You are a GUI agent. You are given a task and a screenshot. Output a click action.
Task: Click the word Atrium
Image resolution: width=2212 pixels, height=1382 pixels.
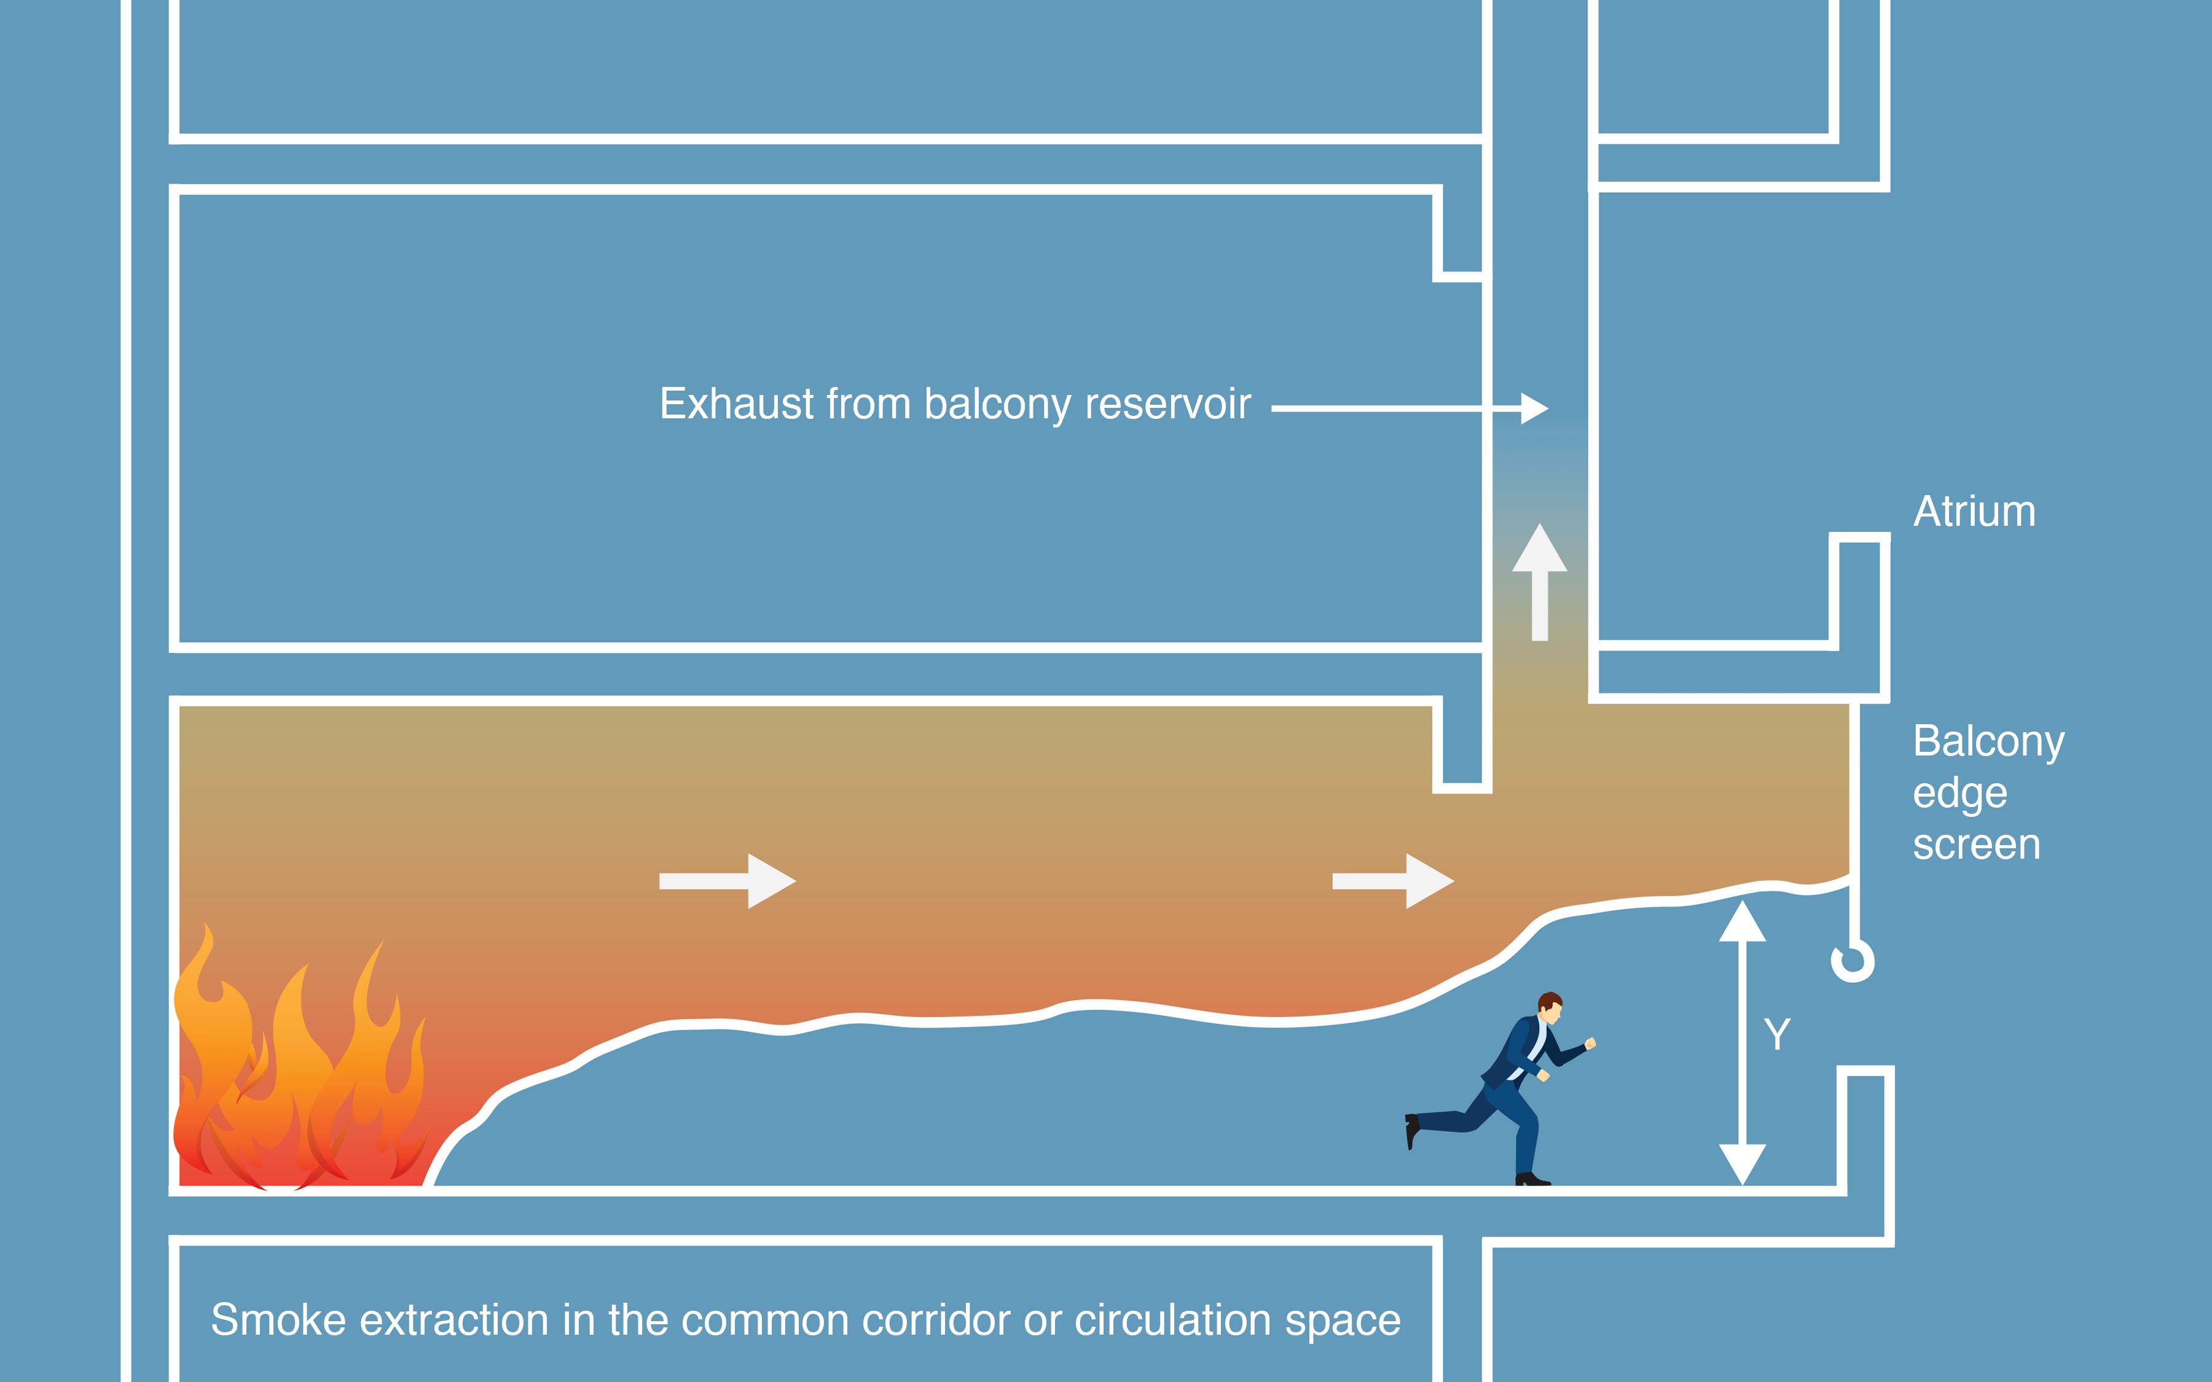click(1974, 512)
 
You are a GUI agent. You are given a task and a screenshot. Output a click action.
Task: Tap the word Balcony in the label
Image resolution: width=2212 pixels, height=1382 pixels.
click(1988, 742)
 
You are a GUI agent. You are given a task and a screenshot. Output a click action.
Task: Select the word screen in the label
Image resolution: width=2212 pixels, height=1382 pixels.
click(1976, 845)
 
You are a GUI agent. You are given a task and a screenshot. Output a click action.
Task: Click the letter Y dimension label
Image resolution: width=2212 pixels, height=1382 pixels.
click(1777, 1034)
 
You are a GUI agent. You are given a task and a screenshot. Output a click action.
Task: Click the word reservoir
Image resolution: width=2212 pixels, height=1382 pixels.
click(1167, 404)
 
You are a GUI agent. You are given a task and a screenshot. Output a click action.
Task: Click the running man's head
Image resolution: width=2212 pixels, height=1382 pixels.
click(1550, 1005)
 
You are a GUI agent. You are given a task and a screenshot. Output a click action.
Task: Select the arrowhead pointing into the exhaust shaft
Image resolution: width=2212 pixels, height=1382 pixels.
click(1534, 408)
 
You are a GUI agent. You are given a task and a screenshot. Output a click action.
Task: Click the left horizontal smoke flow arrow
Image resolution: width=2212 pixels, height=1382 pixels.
click(727, 881)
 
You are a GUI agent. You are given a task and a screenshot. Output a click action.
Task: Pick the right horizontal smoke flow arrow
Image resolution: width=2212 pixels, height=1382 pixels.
click(1392, 881)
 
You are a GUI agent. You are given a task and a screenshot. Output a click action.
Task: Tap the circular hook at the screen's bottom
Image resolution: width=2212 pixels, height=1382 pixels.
click(1853, 961)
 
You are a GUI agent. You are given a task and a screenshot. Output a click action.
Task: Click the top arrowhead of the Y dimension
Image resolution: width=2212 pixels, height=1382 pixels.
click(1742, 923)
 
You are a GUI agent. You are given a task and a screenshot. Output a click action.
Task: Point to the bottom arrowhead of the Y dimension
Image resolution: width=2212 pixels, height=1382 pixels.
click(1742, 1163)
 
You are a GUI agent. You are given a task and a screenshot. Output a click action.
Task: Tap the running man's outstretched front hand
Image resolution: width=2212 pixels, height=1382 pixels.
click(1590, 1043)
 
